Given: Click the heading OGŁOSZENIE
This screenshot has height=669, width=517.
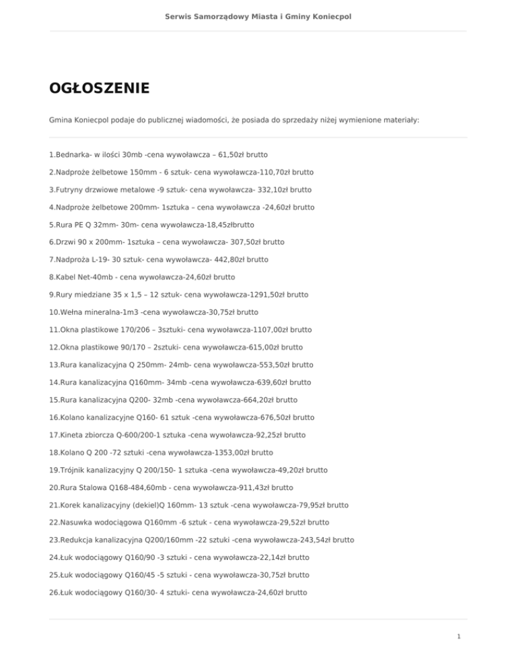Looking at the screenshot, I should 99,88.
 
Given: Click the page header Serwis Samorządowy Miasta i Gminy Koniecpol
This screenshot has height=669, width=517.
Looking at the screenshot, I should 258,15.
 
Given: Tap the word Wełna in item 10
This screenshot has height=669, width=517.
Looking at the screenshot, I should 73,312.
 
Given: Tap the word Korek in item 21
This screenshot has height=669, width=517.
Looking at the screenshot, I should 72,504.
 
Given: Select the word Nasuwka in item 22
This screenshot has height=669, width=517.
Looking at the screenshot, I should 77,522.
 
